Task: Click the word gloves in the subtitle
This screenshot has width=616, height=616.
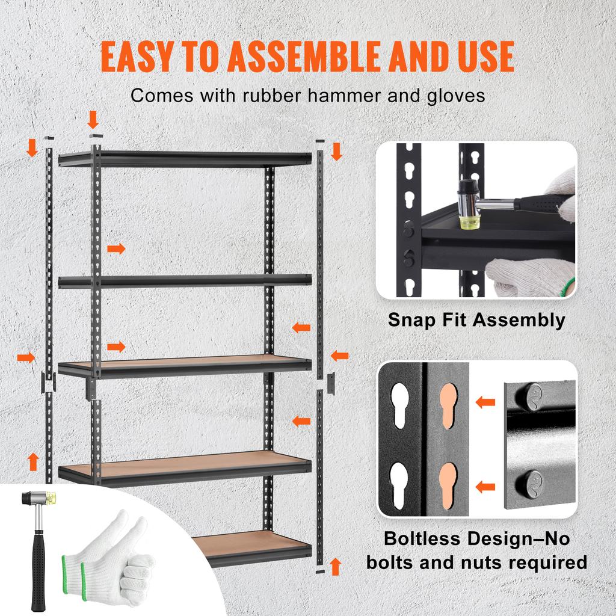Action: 454,96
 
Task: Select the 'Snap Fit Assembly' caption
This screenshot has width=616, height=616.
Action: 476,319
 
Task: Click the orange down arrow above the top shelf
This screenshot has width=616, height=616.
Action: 93,120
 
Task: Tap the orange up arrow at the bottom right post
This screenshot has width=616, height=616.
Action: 336,566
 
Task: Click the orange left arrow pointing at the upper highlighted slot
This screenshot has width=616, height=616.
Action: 485,402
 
